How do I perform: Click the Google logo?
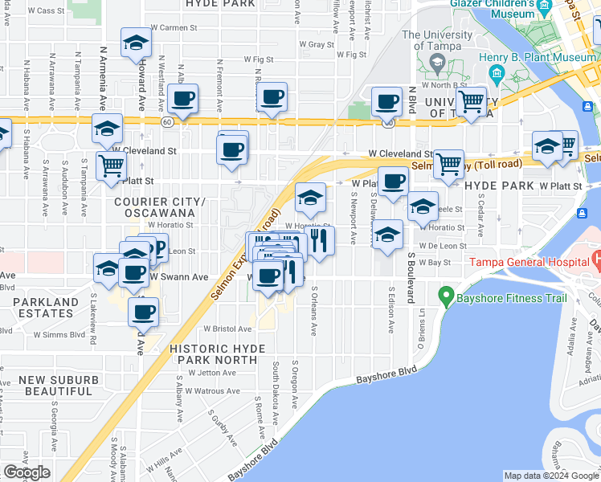pyautogui.click(x=27, y=472)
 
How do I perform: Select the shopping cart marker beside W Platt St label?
pyautogui.click(x=111, y=166)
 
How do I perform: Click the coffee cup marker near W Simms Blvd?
pyautogui.click(x=143, y=312)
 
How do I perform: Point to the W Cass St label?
pyautogui.click(x=47, y=10)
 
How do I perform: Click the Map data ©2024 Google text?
pyautogui.click(x=551, y=476)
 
